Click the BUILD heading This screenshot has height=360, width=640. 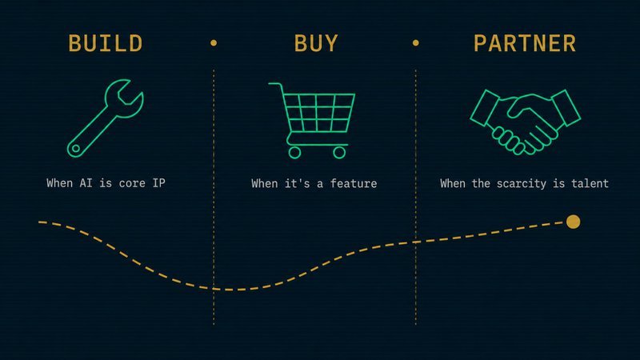click(106, 42)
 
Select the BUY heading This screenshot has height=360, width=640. click(316, 42)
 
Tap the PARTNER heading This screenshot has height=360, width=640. click(525, 42)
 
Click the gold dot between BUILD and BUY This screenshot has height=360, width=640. click(214, 42)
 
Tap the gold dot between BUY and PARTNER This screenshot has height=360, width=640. click(415, 42)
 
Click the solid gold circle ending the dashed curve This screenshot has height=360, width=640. click(573, 222)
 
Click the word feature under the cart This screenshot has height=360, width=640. click(352, 183)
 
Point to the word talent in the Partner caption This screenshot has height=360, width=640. click(590, 183)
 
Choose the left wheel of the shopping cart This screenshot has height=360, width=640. click(294, 151)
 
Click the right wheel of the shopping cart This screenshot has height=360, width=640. click(339, 151)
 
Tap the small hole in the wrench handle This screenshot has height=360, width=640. click(75, 147)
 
